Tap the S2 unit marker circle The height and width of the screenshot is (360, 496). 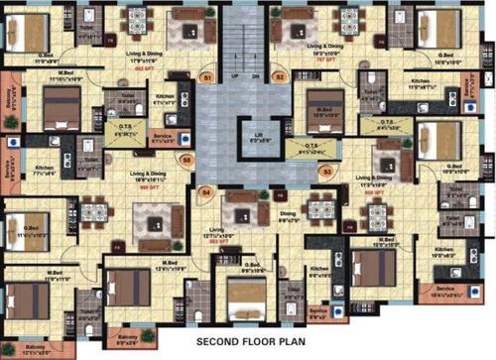click(x=280, y=76)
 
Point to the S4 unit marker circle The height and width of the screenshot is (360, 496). click(x=206, y=191)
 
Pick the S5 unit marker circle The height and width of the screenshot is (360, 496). click(x=185, y=159)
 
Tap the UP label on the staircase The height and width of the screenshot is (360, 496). click(x=235, y=76)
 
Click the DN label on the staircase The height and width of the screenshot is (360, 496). click(x=255, y=76)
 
